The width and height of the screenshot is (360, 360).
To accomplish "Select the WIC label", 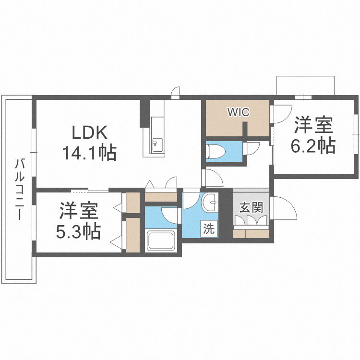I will (x=238, y=112).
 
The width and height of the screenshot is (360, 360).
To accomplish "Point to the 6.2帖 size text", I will (x=313, y=145).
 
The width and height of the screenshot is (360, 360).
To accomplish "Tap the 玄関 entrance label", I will (x=251, y=208).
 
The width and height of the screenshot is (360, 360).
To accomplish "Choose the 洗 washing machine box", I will (x=209, y=229).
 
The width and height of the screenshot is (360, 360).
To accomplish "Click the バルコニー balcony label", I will (x=20, y=190).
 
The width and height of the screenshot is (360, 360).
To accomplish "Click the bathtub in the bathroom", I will (x=161, y=240).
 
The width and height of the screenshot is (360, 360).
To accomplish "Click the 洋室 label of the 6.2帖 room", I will (x=313, y=125).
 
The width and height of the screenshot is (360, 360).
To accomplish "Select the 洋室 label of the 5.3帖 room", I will (x=79, y=211).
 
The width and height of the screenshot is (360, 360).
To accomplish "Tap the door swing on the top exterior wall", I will (x=176, y=92).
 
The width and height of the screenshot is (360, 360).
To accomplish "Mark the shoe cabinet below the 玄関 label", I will (x=251, y=233).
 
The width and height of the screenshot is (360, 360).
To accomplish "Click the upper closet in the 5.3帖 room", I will (x=132, y=203).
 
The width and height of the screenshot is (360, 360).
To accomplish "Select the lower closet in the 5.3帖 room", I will (x=132, y=235).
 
